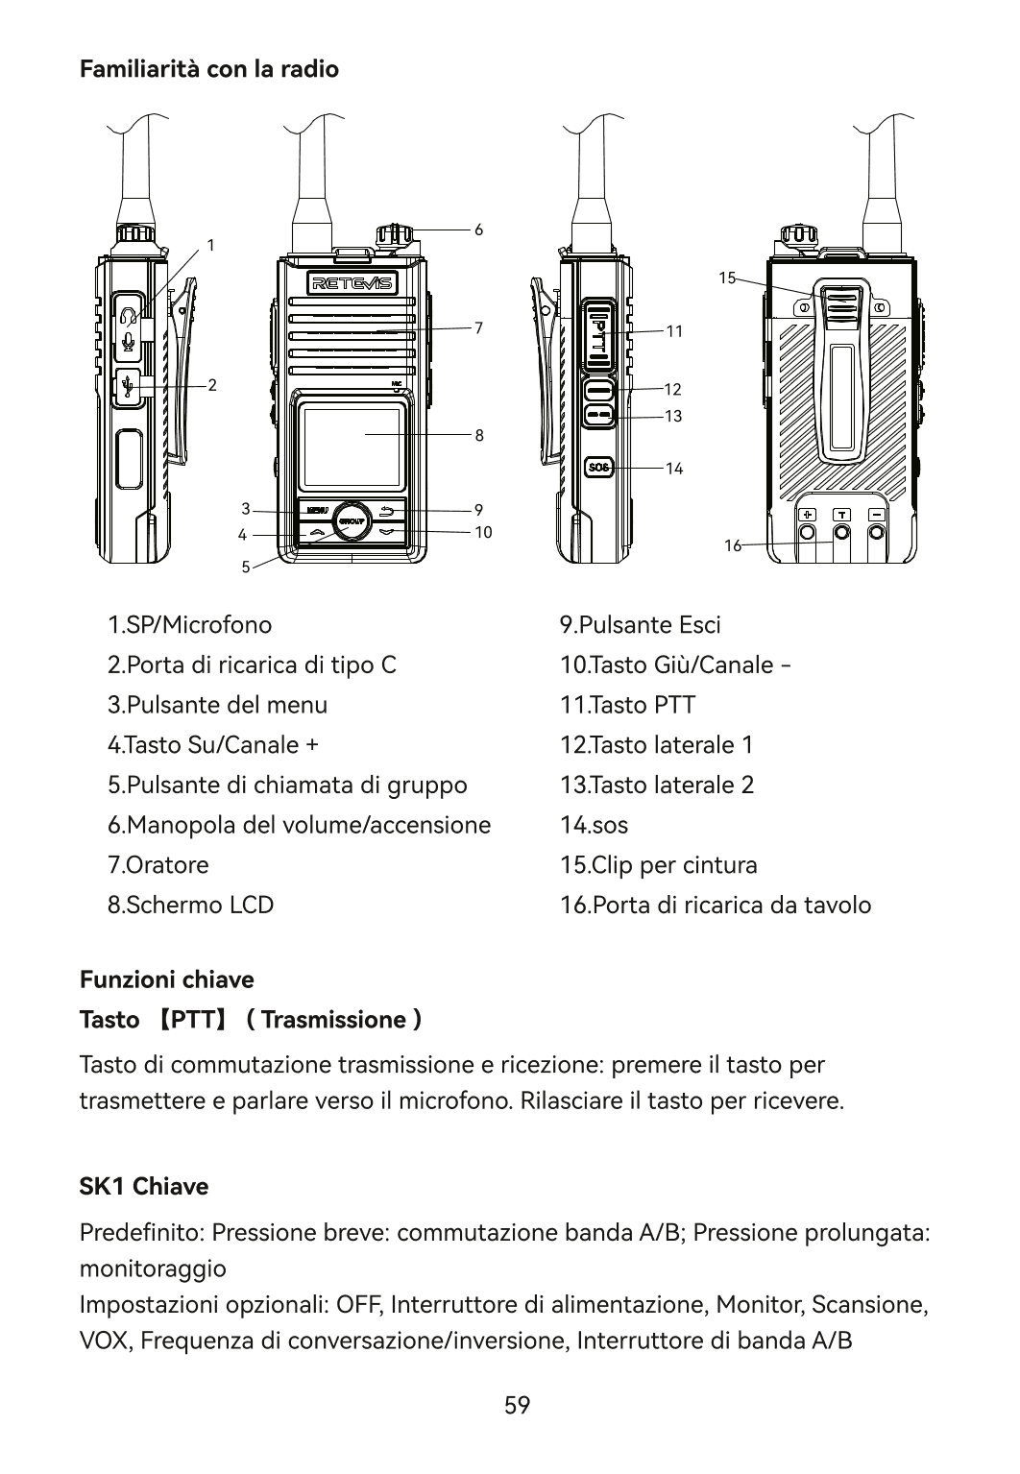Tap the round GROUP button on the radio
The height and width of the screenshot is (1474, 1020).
click(x=352, y=520)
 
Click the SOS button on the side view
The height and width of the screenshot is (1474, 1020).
click(x=598, y=467)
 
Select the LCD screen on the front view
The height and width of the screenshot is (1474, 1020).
click(x=351, y=447)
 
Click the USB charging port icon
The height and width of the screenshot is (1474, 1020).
click(x=127, y=386)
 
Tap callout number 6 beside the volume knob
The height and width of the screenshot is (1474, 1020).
click(x=478, y=230)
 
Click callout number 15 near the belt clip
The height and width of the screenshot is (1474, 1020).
click(x=726, y=278)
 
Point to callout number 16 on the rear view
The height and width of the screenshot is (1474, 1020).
click(x=733, y=544)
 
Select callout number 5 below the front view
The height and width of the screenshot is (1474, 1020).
click(x=246, y=567)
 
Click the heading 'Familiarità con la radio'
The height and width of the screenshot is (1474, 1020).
click(x=208, y=70)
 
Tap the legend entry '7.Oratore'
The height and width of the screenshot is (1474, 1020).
click(x=158, y=865)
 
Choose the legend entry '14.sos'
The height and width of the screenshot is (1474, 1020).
click(x=595, y=825)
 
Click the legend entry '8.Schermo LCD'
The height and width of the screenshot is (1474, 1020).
click(x=191, y=905)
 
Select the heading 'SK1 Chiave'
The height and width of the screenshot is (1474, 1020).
click(x=143, y=1187)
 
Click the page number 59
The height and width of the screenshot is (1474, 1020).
click(x=517, y=1406)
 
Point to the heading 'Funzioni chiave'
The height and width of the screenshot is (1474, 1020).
click(x=166, y=980)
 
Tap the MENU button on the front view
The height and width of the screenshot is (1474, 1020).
click(x=318, y=509)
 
